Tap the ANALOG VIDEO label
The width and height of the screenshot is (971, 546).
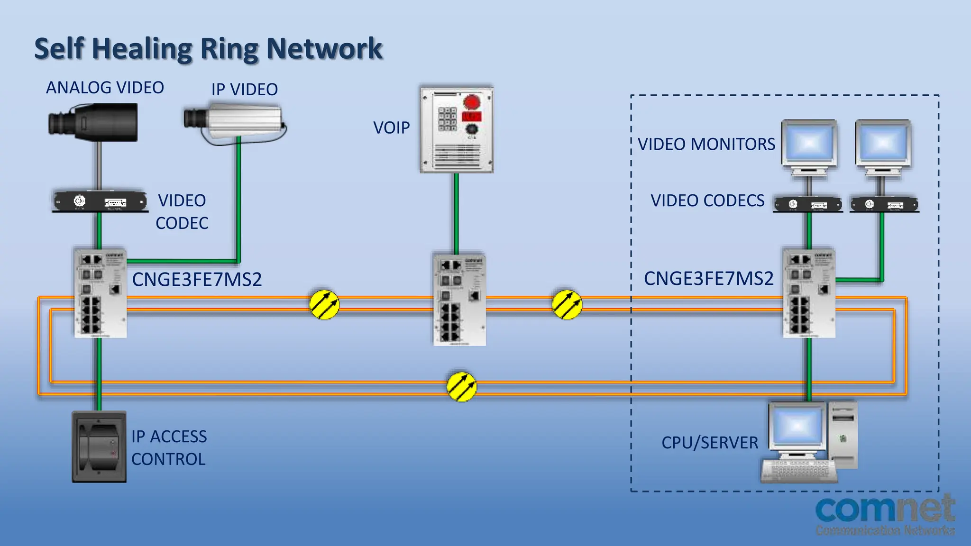click(x=105, y=88)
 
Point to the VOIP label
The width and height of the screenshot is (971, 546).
click(x=391, y=128)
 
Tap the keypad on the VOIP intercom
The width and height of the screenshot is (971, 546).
click(x=447, y=118)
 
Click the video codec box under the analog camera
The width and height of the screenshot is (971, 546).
click(x=100, y=201)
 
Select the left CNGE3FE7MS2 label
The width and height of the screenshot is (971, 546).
click(x=197, y=280)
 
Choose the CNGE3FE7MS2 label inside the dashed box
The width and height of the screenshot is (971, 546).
click(x=708, y=279)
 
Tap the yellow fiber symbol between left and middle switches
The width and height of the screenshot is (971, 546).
click(x=324, y=304)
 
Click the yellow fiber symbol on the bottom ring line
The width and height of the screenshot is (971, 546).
click(x=461, y=387)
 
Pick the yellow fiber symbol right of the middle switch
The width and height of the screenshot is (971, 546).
click(x=567, y=304)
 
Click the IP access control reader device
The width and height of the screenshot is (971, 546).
click(x=99, y=447)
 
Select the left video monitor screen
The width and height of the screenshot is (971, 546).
click(x=809, y=143)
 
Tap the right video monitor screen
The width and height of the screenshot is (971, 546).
click(x=883, y=143)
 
